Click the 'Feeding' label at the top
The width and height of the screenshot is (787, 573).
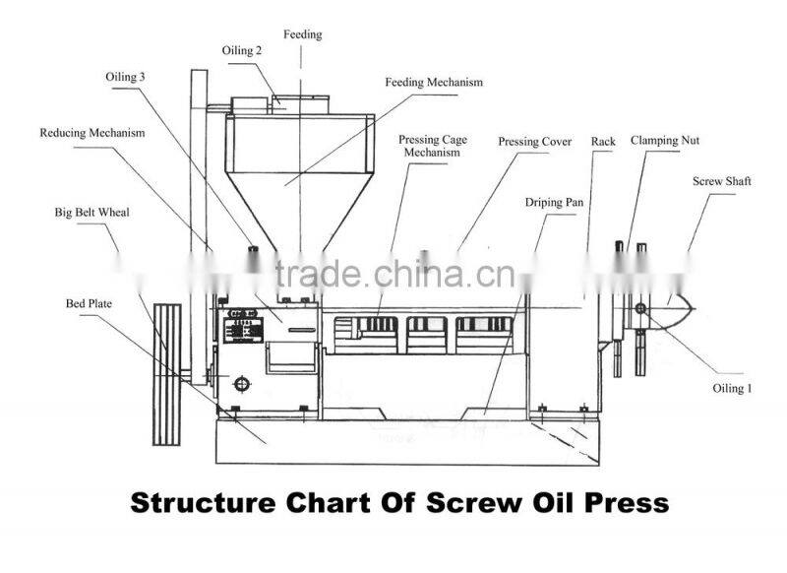303,34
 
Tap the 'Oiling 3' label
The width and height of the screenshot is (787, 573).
126,76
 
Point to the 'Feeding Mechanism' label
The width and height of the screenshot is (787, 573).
434,83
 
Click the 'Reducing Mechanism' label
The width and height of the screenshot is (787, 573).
92,133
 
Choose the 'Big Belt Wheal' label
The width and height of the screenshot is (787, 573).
92,212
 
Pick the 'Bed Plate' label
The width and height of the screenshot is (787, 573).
89,304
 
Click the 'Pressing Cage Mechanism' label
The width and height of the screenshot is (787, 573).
432,146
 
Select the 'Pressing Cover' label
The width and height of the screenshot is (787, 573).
534,142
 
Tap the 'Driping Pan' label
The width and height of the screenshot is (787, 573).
554,202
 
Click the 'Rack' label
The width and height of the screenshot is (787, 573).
603,142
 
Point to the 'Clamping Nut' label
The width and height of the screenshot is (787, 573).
665,141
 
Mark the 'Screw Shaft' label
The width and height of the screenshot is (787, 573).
723,182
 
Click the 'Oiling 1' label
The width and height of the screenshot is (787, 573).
732,388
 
